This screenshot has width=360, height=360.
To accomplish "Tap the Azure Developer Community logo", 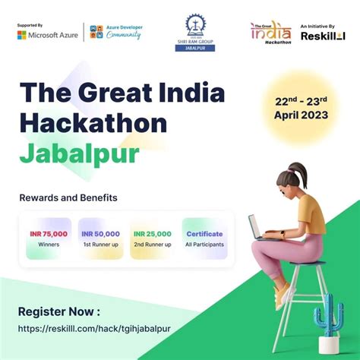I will point(116,33).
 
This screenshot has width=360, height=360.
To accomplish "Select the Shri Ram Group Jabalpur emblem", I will point(200,32).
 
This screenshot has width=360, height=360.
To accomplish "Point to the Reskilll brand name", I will point(322,36).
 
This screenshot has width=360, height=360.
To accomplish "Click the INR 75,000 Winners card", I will point(49,238).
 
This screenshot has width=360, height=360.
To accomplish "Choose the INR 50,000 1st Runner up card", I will point(101,238).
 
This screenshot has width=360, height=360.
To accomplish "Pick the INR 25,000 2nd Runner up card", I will point(152,238).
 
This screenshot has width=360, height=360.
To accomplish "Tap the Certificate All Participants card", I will point(204,238).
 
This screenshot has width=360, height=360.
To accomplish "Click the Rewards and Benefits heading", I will point(68,197).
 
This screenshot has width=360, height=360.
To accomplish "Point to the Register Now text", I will point(59,311).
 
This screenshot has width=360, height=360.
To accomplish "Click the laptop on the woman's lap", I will point(261,228).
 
